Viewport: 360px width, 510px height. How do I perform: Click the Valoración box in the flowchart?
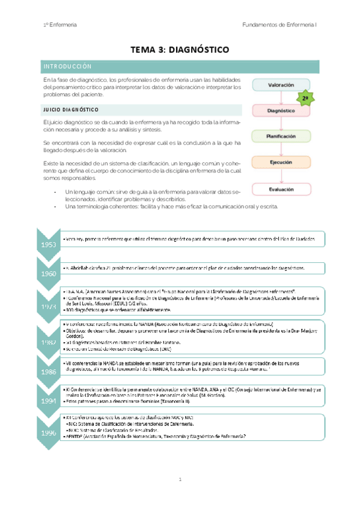click(x=281, y=85)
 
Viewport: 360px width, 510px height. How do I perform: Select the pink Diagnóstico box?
click(x=281, y=111)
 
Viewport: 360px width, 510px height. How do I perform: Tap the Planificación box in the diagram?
click(x=281, y=137)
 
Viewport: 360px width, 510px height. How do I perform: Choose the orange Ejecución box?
click(x=281, y=162)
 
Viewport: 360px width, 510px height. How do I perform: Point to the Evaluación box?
click(x=281, y=189)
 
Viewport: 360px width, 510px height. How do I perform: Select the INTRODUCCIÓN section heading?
click(x=66, y=66)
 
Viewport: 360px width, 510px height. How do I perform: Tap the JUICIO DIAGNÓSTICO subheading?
click(x=71, y=110)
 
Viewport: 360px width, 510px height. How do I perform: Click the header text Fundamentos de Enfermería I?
click(x=284, y=25)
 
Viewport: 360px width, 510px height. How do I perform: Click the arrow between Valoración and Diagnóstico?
click(x=281, y=98)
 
